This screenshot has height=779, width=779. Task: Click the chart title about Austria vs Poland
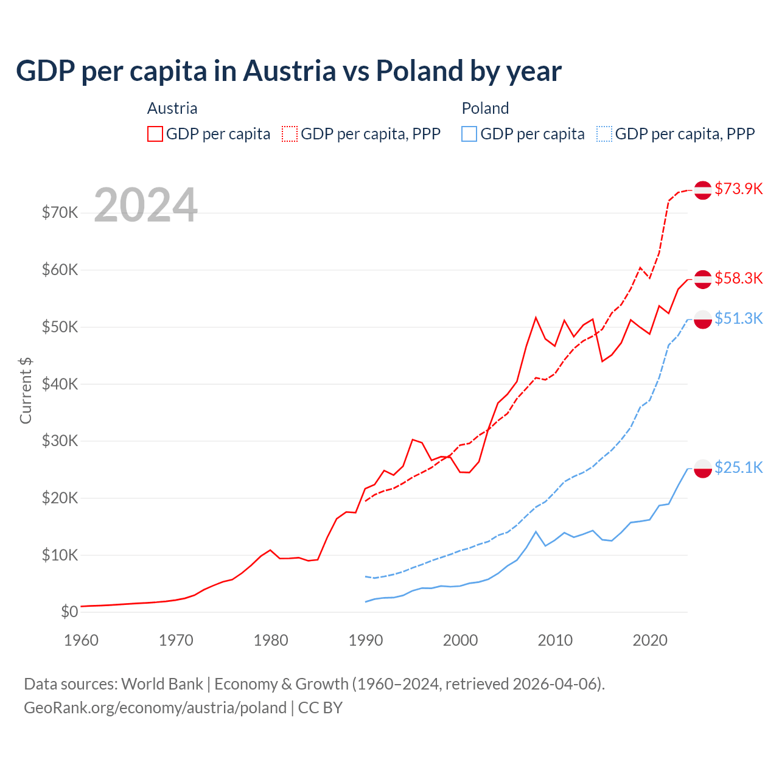pos(288,71)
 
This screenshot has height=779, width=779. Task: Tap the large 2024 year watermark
pos(145,205)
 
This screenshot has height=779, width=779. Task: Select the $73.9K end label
pos(738,189)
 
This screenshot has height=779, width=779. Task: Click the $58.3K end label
pos(738,278)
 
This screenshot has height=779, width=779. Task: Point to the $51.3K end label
pos(738,318)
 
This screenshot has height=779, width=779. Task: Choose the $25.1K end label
pos(738,467)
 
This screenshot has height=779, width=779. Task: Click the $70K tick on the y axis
pos(60,212)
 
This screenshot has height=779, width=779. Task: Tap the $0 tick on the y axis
pos(69,612)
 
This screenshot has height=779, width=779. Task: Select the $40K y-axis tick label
pos(60,384)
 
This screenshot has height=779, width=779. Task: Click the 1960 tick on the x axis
pos(81,640)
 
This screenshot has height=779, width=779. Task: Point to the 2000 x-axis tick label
pos(460,640)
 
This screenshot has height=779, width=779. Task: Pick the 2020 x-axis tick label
pos(650,640)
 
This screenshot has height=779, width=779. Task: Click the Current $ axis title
pos(26,390)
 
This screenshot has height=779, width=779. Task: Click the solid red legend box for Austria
pos(155,134)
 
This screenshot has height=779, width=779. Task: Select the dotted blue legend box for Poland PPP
pos(604,134)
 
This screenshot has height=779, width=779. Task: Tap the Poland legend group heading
pos(485,108)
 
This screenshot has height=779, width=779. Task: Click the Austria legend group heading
pos(172,108)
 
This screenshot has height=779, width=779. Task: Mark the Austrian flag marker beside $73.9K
pos(703,190)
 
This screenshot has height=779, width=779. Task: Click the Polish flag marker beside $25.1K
pos(703,469)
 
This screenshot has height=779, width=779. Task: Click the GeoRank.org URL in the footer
pos(155,708)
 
